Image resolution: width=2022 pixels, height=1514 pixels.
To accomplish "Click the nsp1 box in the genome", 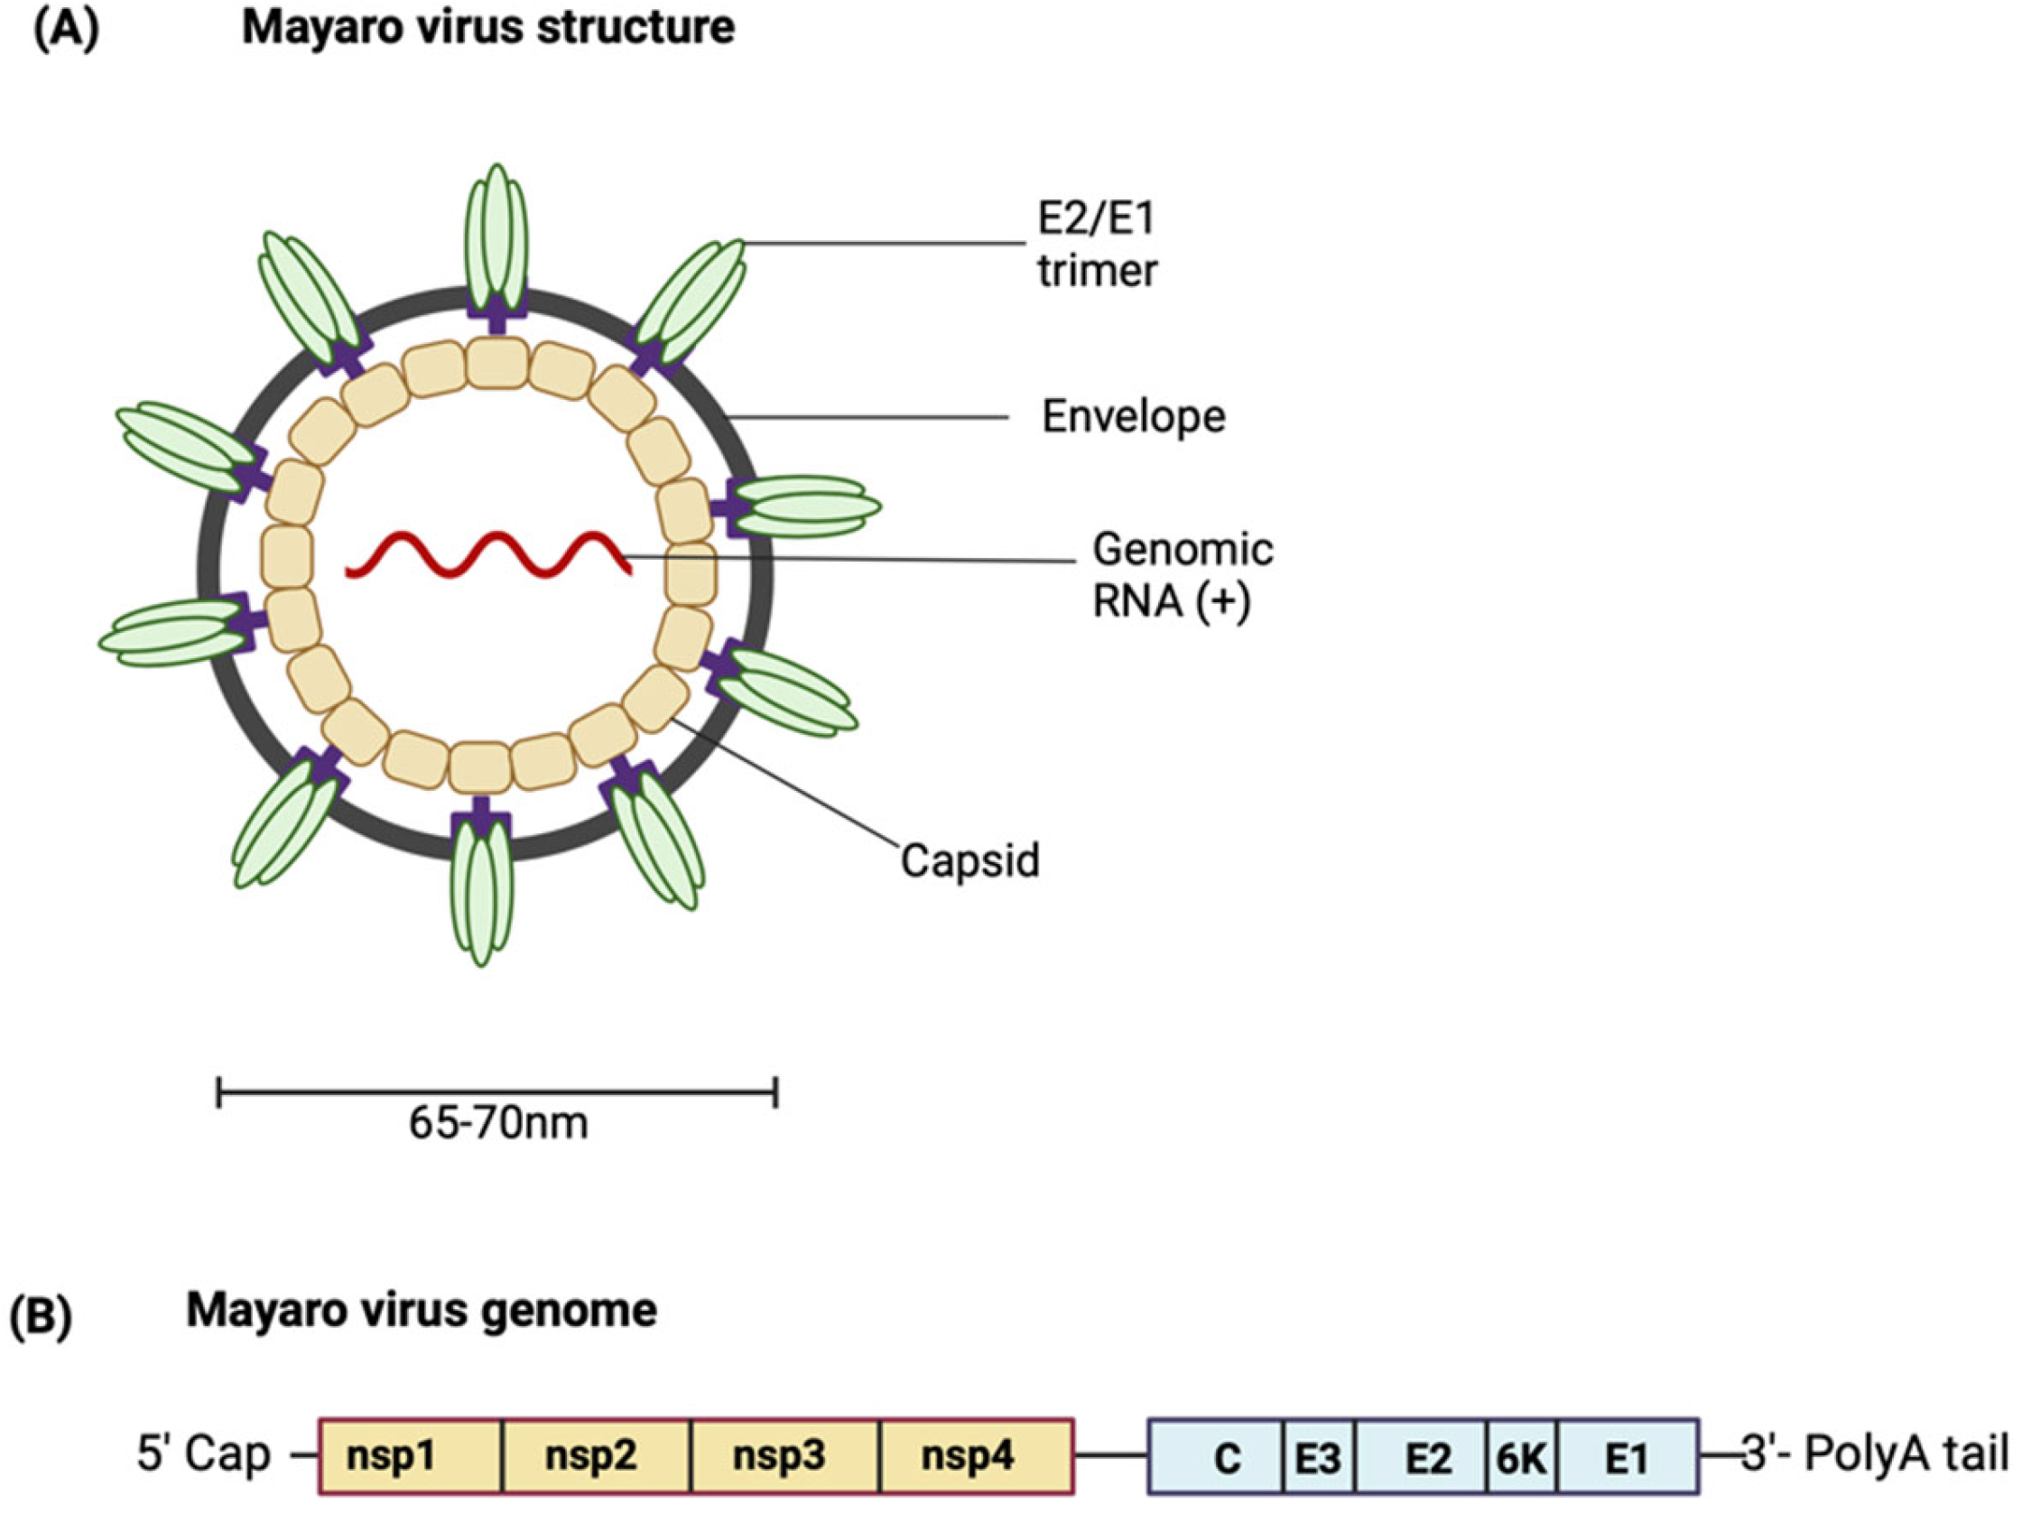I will (x=411, y=1456).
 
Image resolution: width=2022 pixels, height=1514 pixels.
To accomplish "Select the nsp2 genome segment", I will (x=597, y=1456).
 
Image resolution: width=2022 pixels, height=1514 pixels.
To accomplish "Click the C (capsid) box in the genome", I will (x=1218, y=1457).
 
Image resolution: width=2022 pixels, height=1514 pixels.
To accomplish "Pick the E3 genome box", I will (x=1318, y=1457).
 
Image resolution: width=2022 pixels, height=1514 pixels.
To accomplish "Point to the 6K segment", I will (x=1521, y=1457).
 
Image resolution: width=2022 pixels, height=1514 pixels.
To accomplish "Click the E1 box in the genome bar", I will (x=1628, y=1457).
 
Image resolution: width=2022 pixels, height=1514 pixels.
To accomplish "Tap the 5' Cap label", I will (x=204, y=1454).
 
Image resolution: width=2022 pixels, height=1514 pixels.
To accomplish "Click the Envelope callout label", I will (x=1134, y=417).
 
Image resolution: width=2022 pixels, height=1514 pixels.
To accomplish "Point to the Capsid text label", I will (x=969, y=860).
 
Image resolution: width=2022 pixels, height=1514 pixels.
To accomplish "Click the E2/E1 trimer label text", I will (x=1097, y=245).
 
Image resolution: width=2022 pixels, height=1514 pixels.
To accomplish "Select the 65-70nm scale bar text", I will (x=498, y=1124).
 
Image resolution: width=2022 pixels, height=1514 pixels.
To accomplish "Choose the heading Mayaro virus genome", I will (x=422, y=1310).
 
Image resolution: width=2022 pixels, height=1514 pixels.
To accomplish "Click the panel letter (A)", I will (x=65, y=27).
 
